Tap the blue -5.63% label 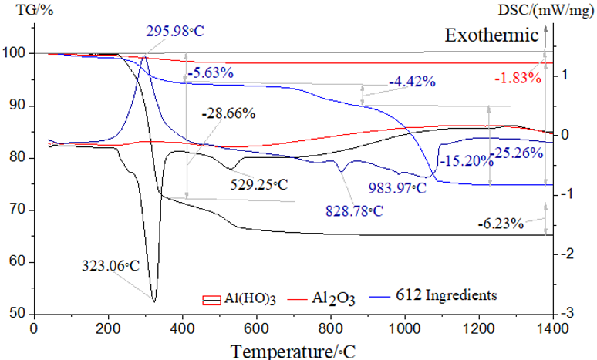click(209, 73)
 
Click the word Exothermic click(490, 35)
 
